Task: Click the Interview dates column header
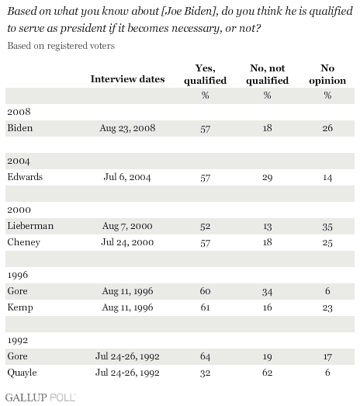click(x=127, y=79)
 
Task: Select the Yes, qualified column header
click(x=206, y=75)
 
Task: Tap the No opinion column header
click(x=327, y=75)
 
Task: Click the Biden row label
click(x=20, y=128)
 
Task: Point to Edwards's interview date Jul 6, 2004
click(x=127, y=177)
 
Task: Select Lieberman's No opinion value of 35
click(x=327, y=227)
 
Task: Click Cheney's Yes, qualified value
click(x=206, y=243)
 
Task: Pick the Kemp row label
click(x=20, y=307)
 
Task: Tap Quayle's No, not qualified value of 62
click(x=268, y=373)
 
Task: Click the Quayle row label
click(x=22, y=373)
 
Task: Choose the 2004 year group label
click(x=19, y=161)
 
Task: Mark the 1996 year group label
click(x=17, y=275)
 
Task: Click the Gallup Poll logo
click(x=40, y=397)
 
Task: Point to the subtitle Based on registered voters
click(x=61, y=46)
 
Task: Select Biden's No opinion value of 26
click(x=327, y=128)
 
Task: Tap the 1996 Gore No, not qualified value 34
click(x=268, y=292)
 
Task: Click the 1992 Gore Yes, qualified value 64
click(x=206, y=356)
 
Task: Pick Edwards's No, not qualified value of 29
click(x=268, y=178)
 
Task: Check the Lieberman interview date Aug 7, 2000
click(x=127, y=226)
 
